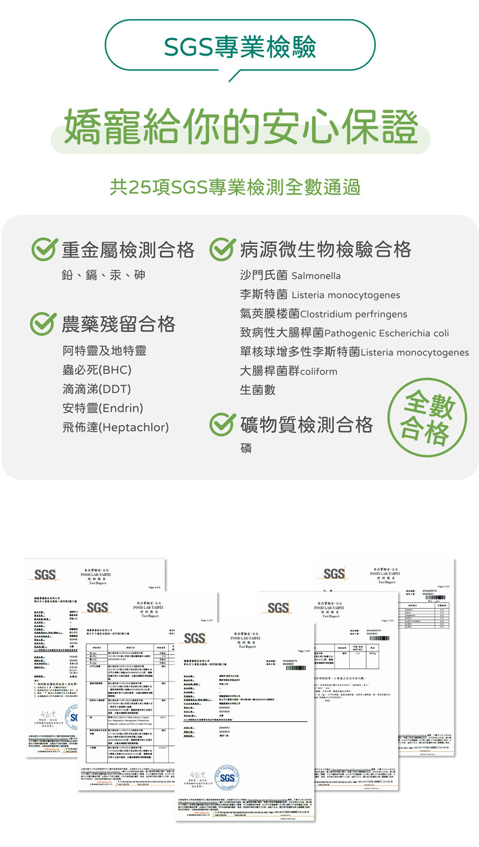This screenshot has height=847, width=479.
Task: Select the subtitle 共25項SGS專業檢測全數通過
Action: pos(235,187)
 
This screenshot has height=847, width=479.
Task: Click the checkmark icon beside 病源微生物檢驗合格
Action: pos(221,249)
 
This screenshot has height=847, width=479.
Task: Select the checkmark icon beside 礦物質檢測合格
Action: pos(221,425)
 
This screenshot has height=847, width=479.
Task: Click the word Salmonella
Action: pos(316,276)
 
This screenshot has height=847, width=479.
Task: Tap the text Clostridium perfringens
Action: pos(353,314)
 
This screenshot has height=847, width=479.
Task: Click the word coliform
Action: pos(319,371)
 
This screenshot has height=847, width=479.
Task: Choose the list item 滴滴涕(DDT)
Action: pos(96,389)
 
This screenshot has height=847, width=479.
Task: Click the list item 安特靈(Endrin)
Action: pos(102,408)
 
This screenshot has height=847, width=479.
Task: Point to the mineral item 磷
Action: pos(245,448)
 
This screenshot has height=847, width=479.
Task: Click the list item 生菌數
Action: pos(257,390)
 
